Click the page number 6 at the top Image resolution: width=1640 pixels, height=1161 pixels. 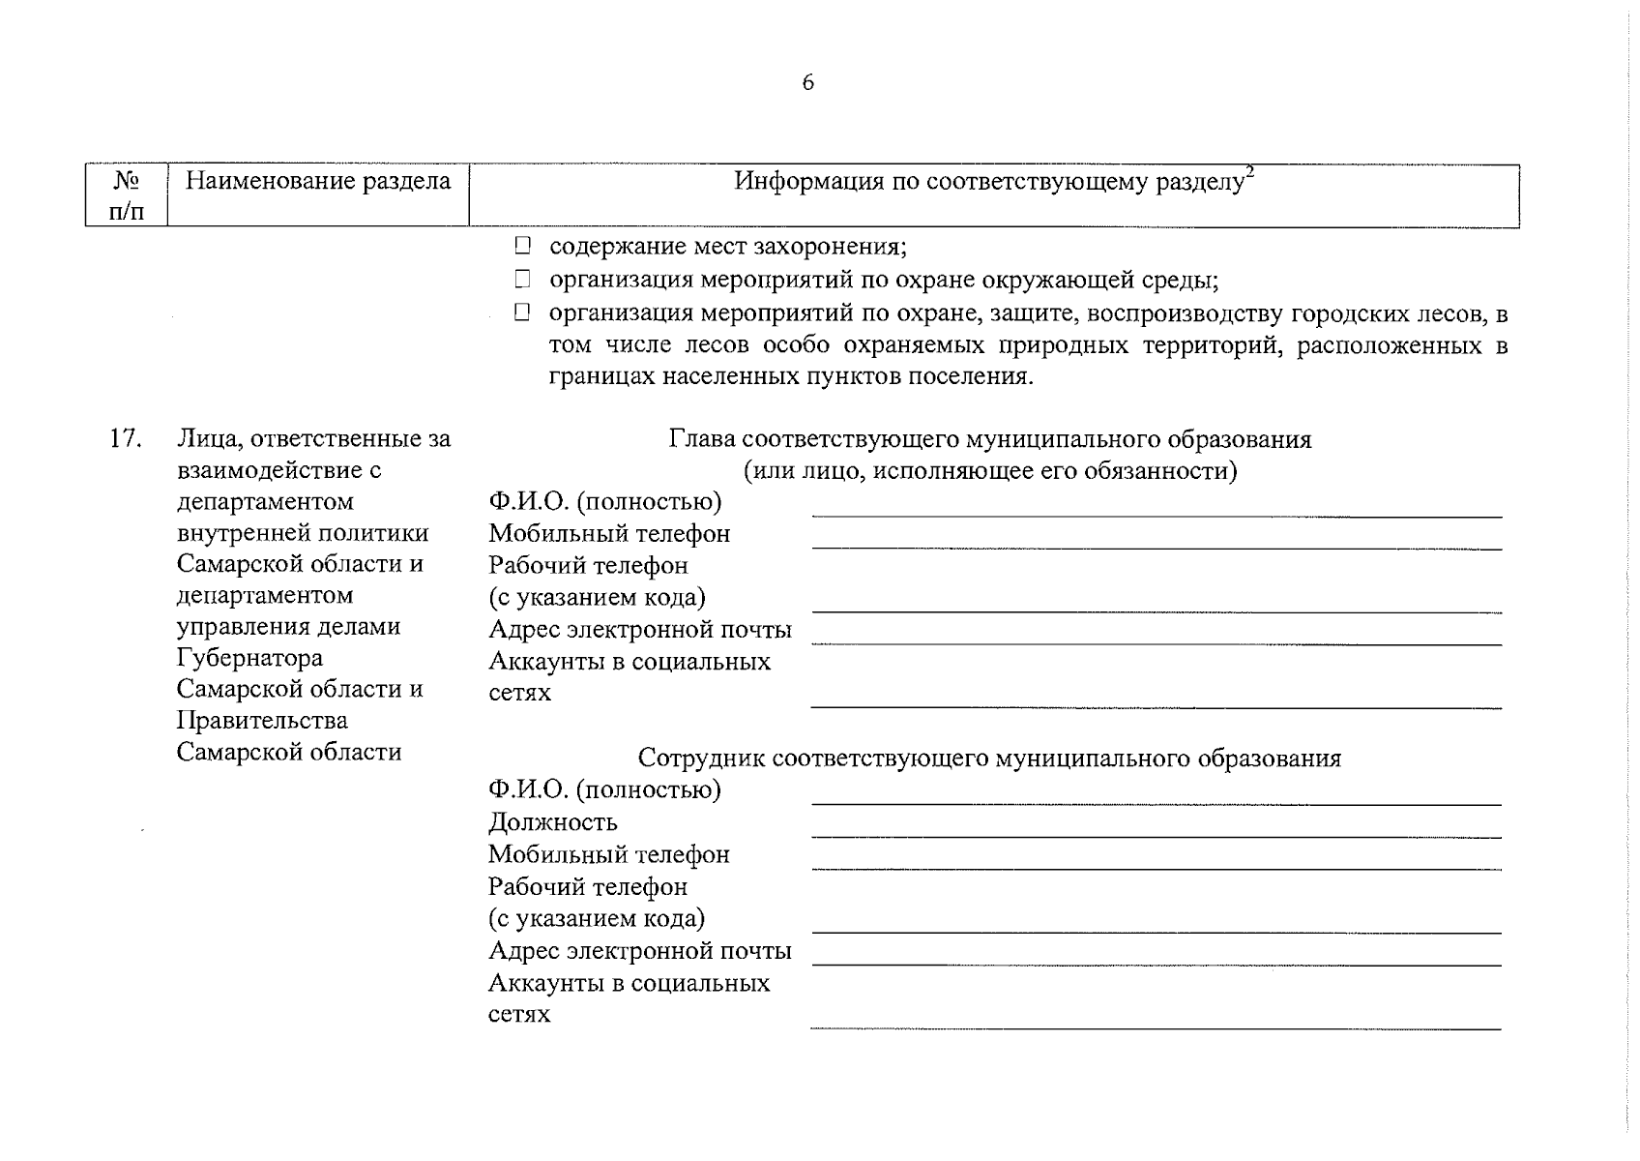coord(808,83)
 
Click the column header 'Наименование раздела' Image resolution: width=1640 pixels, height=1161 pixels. coord(317,181)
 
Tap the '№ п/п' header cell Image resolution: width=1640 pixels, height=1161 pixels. coord(127,195)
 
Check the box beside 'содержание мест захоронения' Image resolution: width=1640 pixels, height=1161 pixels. coord(523,246)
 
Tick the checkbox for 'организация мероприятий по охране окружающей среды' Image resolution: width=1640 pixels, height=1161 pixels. coord(523,280)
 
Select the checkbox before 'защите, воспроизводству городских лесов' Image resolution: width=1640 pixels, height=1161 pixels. coord(523,312)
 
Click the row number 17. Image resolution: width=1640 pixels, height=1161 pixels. coord(126,438)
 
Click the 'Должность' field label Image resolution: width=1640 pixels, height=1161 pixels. coord(552,822)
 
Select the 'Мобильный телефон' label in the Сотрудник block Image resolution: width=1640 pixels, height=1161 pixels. coord(608,854)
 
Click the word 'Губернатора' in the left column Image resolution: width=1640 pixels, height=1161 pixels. coord(249,658)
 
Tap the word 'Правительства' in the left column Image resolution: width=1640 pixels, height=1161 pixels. coord(262,721)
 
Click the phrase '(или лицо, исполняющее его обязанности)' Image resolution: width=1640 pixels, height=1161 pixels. coord(990,471)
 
